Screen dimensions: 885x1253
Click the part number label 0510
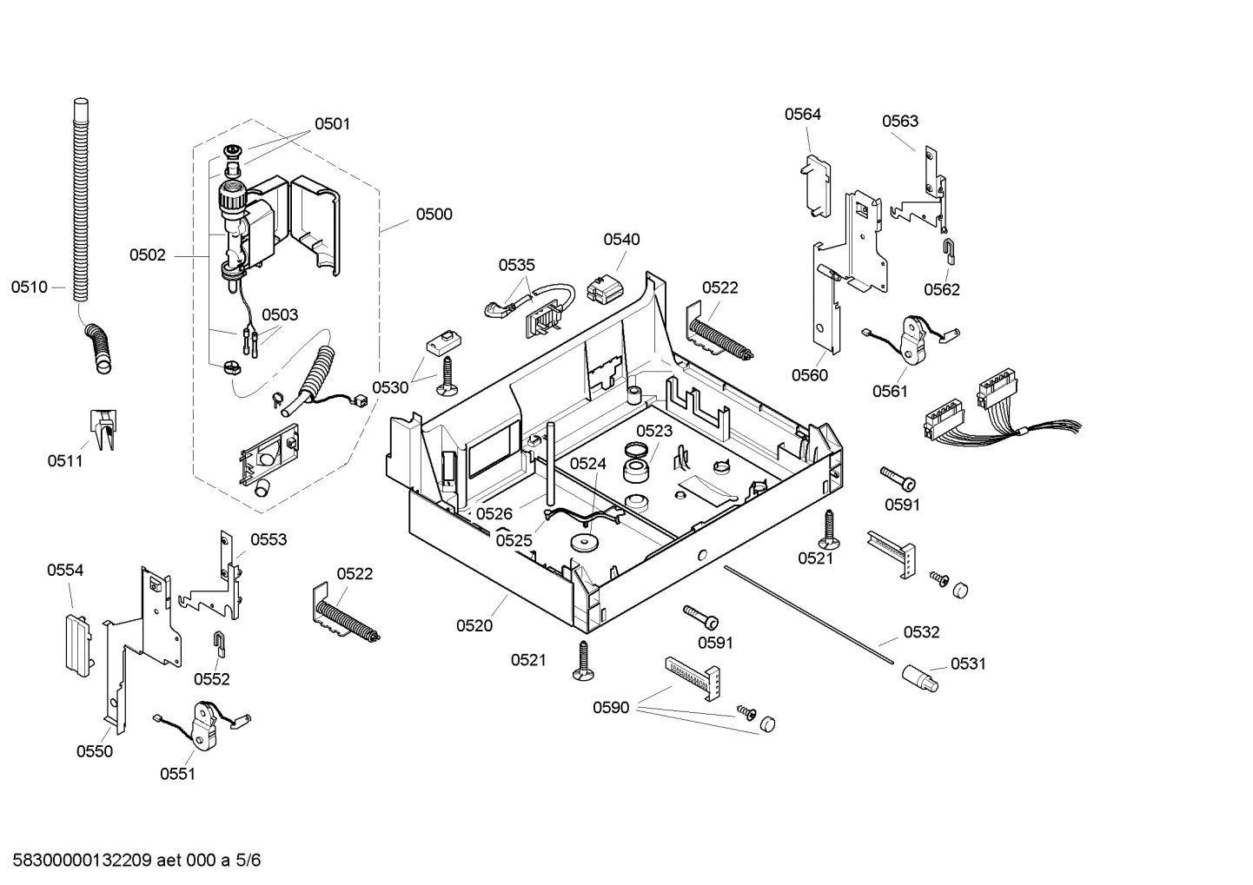pyautogui.click(x=29, y=287)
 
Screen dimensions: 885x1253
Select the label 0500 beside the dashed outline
pyautogui.click(x=434, y=215)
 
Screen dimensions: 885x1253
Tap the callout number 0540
pyautogui.click(x=621, y=240)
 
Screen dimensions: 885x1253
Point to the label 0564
pyautogui.click(x=802, y=115)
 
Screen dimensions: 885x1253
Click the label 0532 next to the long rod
pyautogui.click(x=921, y=632)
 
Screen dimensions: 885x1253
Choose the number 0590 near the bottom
pyautogui.click(x=611, y=708)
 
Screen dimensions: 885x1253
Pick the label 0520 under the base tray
pyautogui.click(x=474, y=625)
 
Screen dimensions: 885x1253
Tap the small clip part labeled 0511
pyautogui.click(x=103, y=430)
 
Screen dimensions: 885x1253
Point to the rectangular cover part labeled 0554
pyautogui.click(x=76, y=644)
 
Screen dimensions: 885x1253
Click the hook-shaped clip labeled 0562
pyautogui.click(x=950, y=251)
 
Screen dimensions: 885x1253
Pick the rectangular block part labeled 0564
pyautogui.click(x=814, y=185)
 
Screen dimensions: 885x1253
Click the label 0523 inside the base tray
pyautogui.click(x=654, y=431)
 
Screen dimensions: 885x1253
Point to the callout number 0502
pyautogui.click(x=147, y=255)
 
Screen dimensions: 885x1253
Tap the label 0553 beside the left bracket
pyautogui.click(x=268, y=540)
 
